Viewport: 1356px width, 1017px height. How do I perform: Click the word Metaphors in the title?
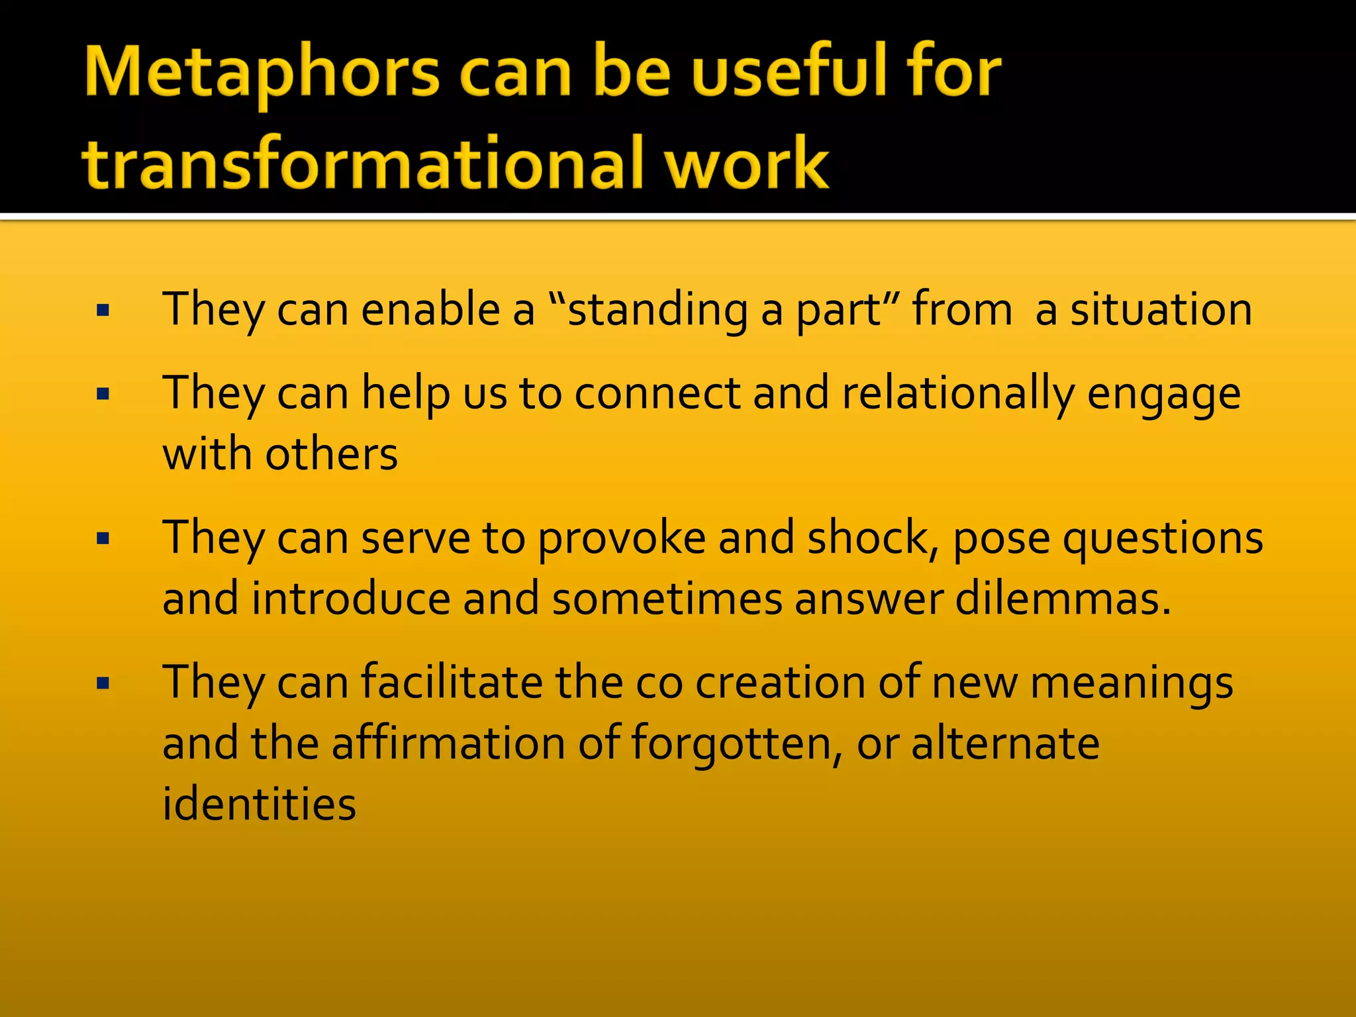[x=262, y=73]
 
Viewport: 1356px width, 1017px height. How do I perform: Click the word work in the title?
[x=746, y=163]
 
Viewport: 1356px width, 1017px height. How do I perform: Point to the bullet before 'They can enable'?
[x=103, y=310]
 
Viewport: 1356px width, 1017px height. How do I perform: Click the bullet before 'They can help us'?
[x=103, y=395]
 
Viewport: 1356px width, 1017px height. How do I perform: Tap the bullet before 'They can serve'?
[x=103, y=538]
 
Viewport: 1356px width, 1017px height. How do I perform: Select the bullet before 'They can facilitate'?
[x=103, y=683]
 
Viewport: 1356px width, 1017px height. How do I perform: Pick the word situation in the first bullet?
[x=1161, y=310]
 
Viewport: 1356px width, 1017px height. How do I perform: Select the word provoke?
[x=622, y=538]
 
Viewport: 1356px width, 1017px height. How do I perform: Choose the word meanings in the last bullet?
[x=1132, y=683]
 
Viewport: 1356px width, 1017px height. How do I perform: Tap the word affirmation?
[x=449, y=743]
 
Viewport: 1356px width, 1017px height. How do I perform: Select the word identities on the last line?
[x=260, y=804]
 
